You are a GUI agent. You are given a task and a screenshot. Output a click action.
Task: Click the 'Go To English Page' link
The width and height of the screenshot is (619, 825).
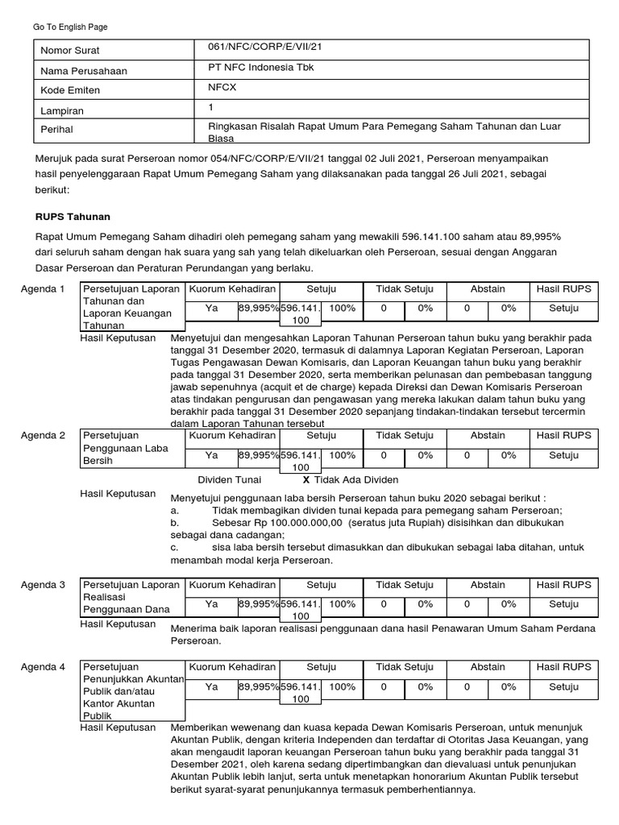[x=70, y=27]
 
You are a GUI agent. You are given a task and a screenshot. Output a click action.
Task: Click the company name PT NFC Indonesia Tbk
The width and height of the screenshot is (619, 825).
[x=261, y=68]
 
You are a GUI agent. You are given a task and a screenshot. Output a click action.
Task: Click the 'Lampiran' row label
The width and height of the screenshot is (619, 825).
[x=62, y=110]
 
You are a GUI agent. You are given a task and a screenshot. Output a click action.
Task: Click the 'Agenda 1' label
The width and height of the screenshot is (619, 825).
[x=43, y=288]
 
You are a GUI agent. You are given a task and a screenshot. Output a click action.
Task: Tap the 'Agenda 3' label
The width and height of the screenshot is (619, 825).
[x=43, y=585]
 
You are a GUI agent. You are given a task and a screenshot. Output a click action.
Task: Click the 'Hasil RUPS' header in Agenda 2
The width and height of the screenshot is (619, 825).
[x=563, y=435]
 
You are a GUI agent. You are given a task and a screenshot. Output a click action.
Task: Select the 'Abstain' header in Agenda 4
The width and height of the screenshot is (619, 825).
[x=488, y=667]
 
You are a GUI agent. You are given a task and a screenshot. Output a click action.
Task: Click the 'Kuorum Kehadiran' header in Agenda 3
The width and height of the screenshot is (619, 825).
[x=232, y=585]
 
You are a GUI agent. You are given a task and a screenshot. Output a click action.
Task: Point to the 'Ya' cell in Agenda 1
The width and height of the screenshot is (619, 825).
[x=212, y=309]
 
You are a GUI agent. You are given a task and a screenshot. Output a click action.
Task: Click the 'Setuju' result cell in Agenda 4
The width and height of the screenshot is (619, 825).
[x=563, y=687]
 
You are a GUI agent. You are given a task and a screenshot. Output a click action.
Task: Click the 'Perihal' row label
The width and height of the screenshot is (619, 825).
[x=57, y=130]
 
